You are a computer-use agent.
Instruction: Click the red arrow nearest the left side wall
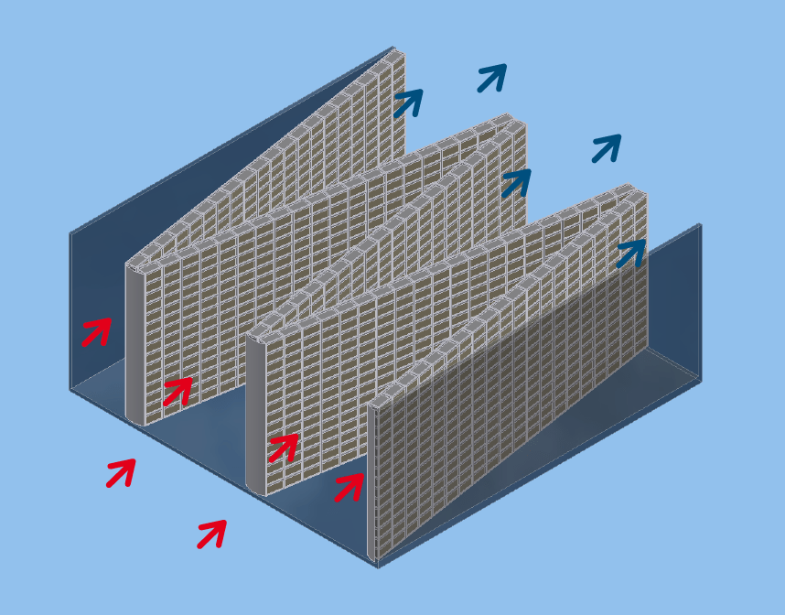(x=96, y=331)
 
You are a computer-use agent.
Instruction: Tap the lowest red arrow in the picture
(x=211, y=534)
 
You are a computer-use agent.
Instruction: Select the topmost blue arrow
(x=491, y=78)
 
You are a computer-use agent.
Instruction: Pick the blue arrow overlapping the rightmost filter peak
(x=630, y=253)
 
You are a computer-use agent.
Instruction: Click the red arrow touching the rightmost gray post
(x=349, y=487)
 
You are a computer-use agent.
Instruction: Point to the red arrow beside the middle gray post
(x=283, y=448)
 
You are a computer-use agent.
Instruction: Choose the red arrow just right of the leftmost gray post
(x=177, y=392)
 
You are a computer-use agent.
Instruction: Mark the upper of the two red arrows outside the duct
(x=121, y=472)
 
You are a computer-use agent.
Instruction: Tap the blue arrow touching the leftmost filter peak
(x=408, y=102)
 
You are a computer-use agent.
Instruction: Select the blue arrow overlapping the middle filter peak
(x=516, y=182)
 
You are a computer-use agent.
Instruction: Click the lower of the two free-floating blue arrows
(x=606, y=148)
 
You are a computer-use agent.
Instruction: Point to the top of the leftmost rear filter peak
(x=396, y=54)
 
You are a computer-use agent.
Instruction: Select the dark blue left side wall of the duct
(x=96, y=275)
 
